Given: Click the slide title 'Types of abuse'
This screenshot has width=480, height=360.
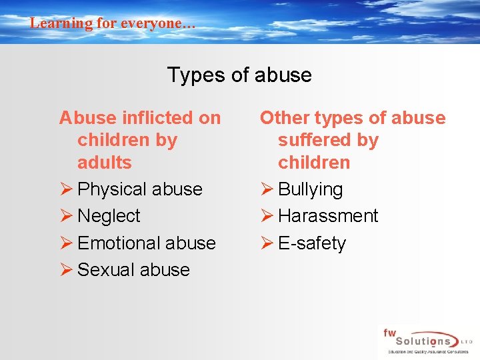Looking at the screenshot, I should click(239, 75).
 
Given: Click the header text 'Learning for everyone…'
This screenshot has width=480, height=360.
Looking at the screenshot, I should click(113, 23).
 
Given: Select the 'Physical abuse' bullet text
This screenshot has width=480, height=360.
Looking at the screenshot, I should click(140, 189).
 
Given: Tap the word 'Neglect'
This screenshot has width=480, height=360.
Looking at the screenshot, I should click(109, 216).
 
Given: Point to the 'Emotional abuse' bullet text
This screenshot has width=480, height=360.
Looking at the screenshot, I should click(147, 243).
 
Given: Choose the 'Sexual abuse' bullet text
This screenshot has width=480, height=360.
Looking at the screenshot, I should click(133, 269).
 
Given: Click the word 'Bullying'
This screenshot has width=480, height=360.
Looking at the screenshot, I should click(310, 189).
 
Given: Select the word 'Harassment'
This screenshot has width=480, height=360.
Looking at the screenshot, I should click(328, 216).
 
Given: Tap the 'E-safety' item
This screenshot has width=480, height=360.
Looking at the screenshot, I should click(312, 243).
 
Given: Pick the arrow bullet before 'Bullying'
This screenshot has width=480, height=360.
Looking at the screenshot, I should click(267, 189).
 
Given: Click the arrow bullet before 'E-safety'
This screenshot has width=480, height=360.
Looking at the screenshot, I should click(267, 243).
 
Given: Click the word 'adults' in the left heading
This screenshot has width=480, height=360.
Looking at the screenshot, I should click(105, 163).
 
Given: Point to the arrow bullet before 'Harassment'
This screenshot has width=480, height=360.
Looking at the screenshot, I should click(267, 216).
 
